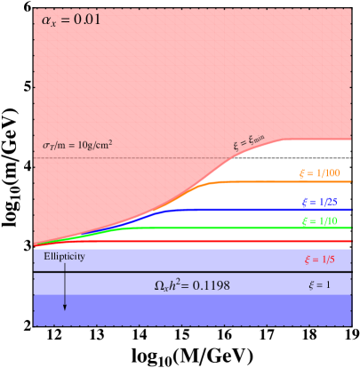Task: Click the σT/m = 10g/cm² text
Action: coord(78,145)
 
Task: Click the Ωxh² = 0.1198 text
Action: coord(193,286)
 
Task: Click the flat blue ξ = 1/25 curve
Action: coord(267,209)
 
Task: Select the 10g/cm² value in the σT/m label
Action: coord(93,145)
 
